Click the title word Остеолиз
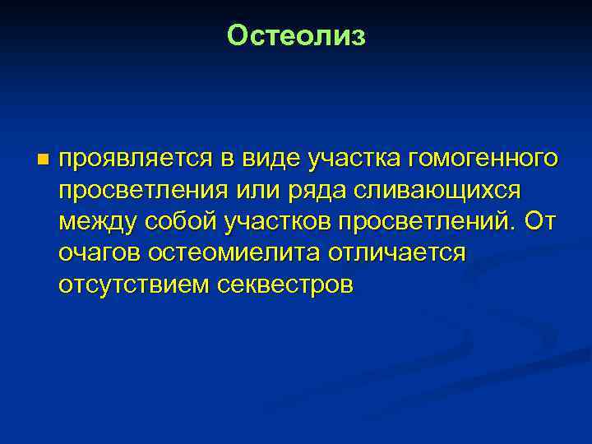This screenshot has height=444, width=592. coord(296,35)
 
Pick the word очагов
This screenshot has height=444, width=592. coord(100,253)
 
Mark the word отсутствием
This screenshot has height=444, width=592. coord(135,285)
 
